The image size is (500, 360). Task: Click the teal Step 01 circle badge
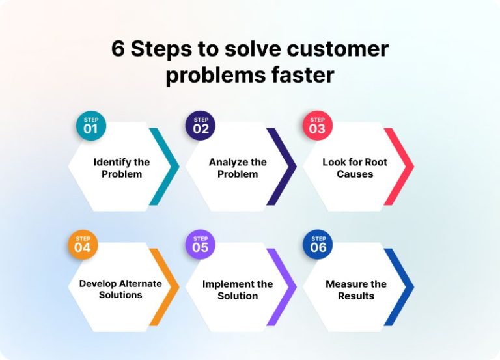[x=90, y=126]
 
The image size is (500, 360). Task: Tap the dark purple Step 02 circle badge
[x=201, y=126]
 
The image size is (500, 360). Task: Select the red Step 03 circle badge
[x=317, y=126]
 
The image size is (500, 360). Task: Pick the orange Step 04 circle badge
[x=83, y=245]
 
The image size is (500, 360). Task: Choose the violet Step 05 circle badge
[x=201, y=245]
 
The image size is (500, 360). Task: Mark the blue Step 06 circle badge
[x=318, y=245]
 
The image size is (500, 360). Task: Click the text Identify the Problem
[x=122, y=168]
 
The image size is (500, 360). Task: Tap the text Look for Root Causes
[x=355, y=168]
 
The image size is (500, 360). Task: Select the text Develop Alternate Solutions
[x=120, y=289]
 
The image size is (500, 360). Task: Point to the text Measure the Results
[x=356, y=290]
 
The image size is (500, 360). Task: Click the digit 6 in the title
[x=118, y=50]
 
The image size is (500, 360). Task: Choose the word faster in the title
[x=303, y=75]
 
